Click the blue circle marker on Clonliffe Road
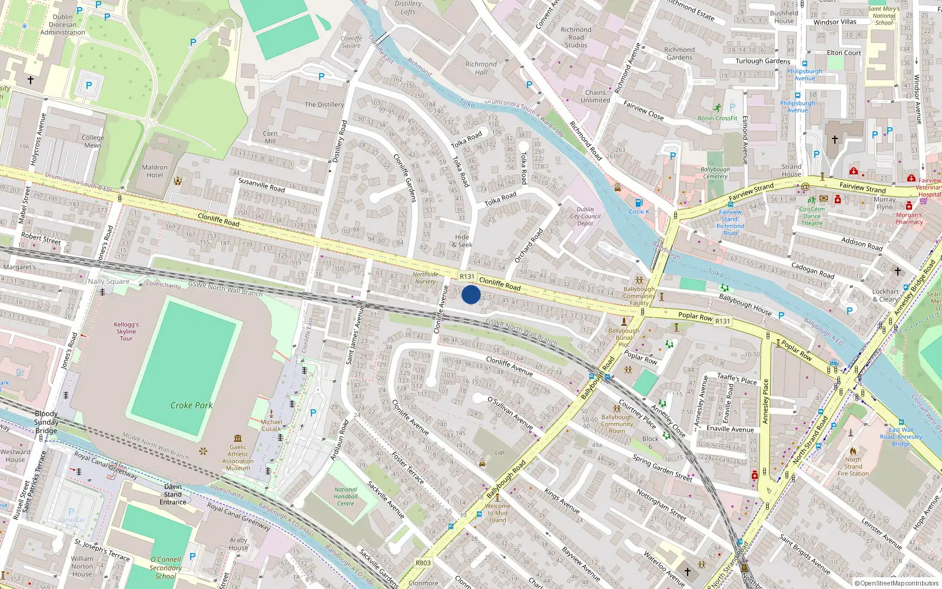470,294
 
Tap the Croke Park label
191,405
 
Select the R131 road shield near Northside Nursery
467,276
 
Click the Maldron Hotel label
155,171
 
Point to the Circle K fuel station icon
639,203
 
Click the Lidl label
500,452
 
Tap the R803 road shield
423,562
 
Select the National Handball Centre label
346,497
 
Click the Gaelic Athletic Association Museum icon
238,438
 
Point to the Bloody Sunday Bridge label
46,422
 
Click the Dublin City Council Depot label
585,216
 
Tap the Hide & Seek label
463,241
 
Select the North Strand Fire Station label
853,466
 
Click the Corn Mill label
270,137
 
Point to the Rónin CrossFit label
718,118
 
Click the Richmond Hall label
481,68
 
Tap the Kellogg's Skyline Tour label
127,331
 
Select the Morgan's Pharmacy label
909,219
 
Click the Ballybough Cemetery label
715,173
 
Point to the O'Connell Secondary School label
165,567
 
